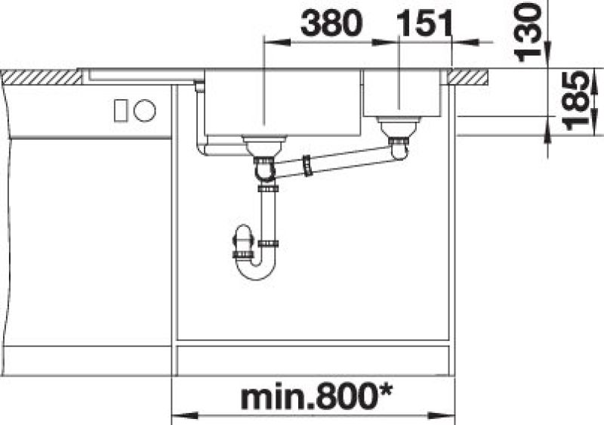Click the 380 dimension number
(x=331, y=23)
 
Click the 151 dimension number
(x=424, y=23)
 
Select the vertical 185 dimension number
(x=576, y=101)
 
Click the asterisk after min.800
(x=384, y=392)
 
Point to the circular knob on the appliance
(x=145, y=110)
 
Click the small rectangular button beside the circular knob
(x=121, y=110)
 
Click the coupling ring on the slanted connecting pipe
(x=307, y=166)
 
